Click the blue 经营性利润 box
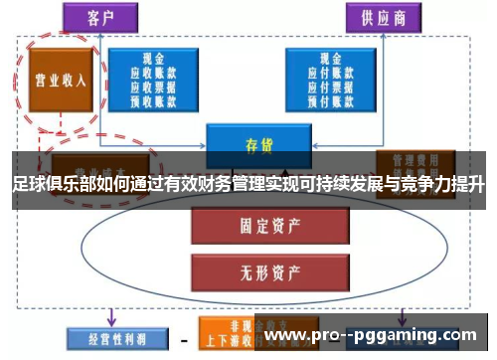click(x=104, y=338)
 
